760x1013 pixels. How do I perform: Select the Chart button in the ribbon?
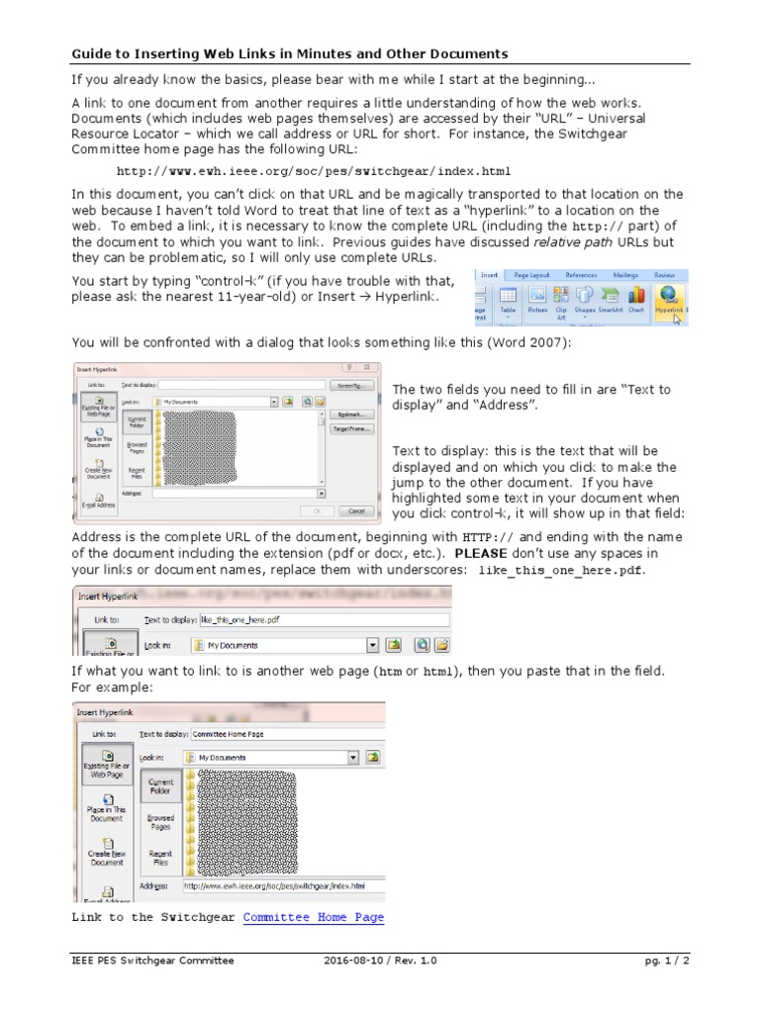(x=636, y=297)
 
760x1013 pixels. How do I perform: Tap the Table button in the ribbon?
(x=508, y=297)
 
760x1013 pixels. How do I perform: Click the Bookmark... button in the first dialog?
(x=352, y=415)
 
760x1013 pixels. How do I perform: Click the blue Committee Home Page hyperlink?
(x=313, y=917)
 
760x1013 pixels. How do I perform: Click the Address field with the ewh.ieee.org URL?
(x=282, y=885)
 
